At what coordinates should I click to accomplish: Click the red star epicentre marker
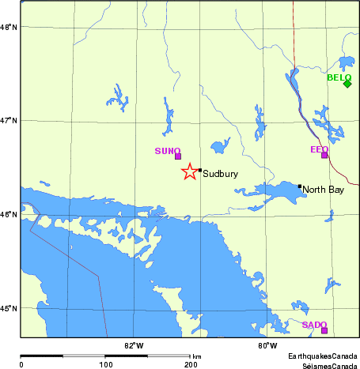pyautogui.click(x=190, y=171)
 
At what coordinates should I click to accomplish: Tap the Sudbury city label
pyautogui.click(x=215, y=174)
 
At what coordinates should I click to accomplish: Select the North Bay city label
pyautogui.click(x=324, y=190)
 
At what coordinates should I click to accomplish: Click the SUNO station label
pyautogui.click(x=168, y=150)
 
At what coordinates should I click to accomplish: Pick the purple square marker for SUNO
pyautogui.click(x=178, y=156)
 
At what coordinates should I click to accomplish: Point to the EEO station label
pyautogui.click(x=319, y=149)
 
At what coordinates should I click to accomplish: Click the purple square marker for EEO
pyautogui.click(x=324, y=155)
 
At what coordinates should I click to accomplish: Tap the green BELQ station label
pyautogui.click(x=339, y=77)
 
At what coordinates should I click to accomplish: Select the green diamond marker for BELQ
pyautogui.click(x=347, y=84)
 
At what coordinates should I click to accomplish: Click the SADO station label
pyautogui.click(x=314, y=325)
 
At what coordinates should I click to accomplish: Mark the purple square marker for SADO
pyautogui.click(x=324, y=330)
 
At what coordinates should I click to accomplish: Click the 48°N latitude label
pyautogui.click(x=9, y=27)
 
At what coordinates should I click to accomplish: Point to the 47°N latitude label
pyautogui.click(x=9, y=120)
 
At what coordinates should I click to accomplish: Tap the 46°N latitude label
pyautogui.click(x=9, y=214)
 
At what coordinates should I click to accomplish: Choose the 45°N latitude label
pyautogui.click(x=9, y=308)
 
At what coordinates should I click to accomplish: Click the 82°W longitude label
pyautogui.click(x=134, y=346)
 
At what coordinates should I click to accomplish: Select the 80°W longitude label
pyautogui.click(x=267, y=346)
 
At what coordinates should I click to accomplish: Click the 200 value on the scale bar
pyautogui.click(x=190, y=364)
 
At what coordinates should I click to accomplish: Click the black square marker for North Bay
pyautogui.click(x=300, y=186)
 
